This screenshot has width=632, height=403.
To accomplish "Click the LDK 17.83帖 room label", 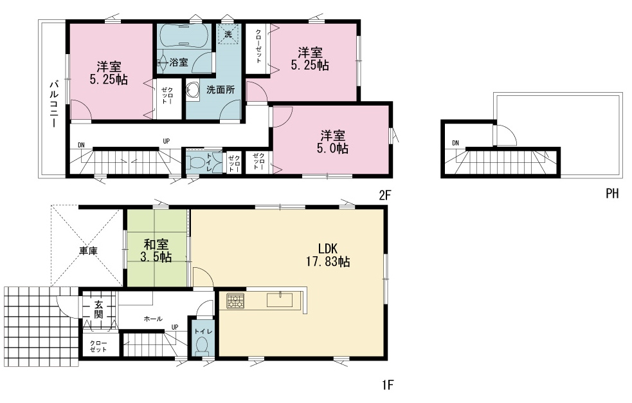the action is (328, 255).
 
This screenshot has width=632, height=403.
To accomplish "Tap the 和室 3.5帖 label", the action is (156, 250).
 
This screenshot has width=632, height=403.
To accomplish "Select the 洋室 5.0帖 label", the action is (332, 142).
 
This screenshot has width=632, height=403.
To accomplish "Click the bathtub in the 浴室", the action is (184, 36).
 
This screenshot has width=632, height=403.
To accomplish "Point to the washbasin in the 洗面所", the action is (193, 91).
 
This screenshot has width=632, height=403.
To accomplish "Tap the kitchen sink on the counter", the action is (279, 300).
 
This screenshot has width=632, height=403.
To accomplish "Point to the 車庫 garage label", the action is (88, 251).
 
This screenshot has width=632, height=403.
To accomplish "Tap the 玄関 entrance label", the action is (99, 310).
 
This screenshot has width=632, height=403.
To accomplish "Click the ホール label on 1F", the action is (153, 319).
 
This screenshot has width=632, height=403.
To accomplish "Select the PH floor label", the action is (612, 194).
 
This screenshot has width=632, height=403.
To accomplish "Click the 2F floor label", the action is (385, 195).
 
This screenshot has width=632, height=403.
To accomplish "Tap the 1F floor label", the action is (387, 385).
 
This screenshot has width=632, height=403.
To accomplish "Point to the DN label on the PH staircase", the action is (455, 143).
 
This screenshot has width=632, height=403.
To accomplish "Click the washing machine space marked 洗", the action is (228, 34).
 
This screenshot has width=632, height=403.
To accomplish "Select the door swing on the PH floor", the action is (506, 135).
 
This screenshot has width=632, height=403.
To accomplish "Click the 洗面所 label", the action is (221, 89).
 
